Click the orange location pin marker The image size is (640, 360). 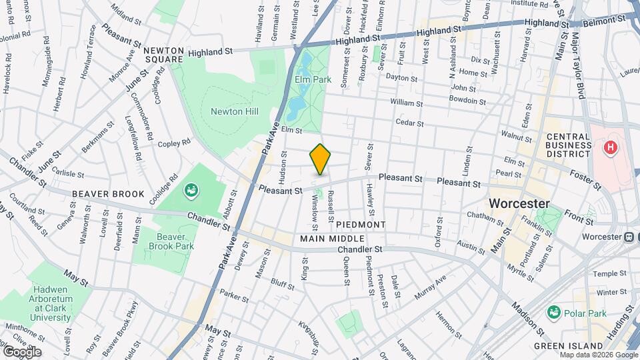(x=321, y=159)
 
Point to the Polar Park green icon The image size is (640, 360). (x=553, y=312)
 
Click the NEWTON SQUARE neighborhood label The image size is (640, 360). (x=163, y=55)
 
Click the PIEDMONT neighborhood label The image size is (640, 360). (x=361, y=225)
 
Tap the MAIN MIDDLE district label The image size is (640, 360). (x=332, y=239)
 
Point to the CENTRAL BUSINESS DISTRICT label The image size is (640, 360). (x=568, y=145)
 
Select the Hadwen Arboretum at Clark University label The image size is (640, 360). (x=50, y=308)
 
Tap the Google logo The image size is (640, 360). (x=22, y=351)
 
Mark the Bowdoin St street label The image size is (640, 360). (x=467, y=101)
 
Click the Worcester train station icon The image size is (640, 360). (x=628, y=237)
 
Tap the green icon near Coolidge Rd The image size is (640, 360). (x=191, y=191)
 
